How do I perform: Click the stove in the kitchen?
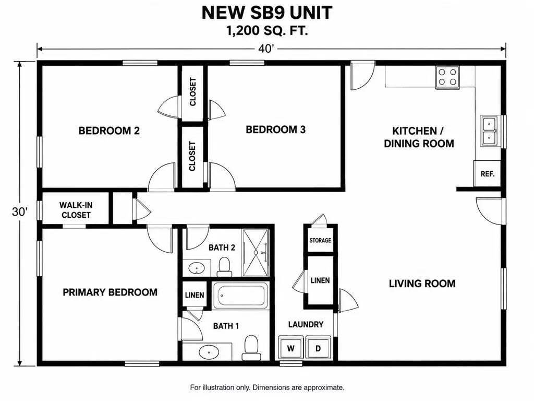point(447,77)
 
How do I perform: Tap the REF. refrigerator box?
point(487,173)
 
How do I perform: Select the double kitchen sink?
point(489,131)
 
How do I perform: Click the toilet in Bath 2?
point(224,267)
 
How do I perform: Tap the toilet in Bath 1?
point(251,348)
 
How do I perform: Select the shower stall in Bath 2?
point(256,253)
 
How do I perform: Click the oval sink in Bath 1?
point(209,351)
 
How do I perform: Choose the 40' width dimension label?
point(266,49)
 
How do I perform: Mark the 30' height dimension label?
point(20,212)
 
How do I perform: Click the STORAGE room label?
point(320,240)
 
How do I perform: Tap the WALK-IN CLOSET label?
point(76,210)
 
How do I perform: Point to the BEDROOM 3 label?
point(275,129)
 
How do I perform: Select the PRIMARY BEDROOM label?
point(110,292)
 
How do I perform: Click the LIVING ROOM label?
point(422,284)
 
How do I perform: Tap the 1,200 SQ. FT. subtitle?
point(267,31)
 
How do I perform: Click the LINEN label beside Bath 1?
point(195,295)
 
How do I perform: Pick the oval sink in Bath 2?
point(197,268)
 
